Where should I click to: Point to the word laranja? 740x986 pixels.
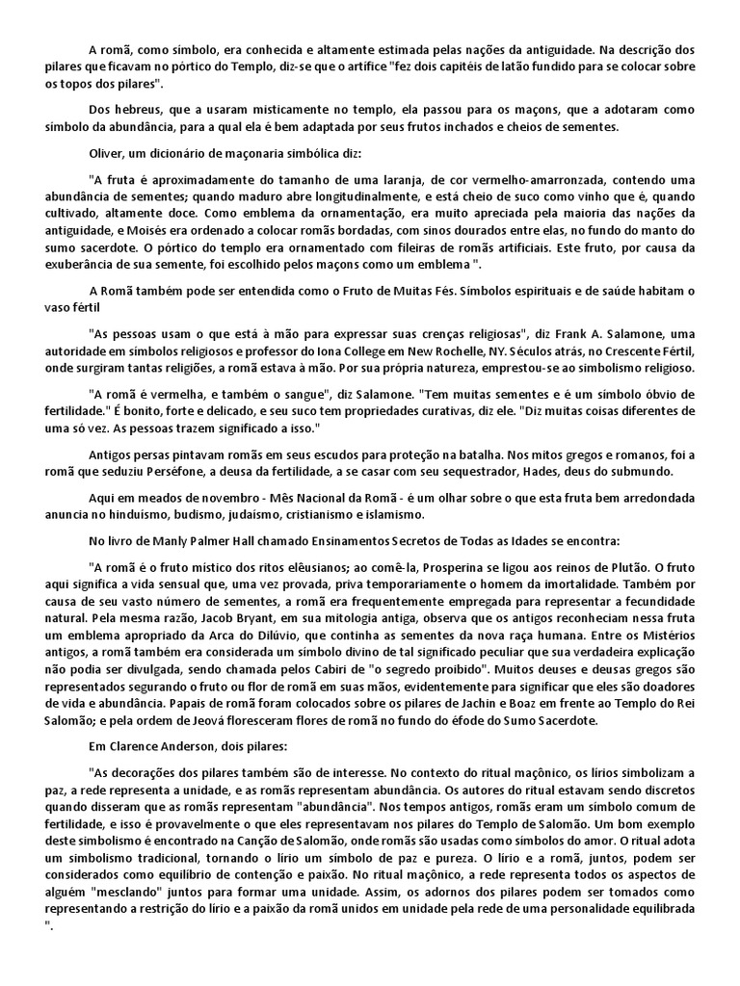click(x=514, y=179)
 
